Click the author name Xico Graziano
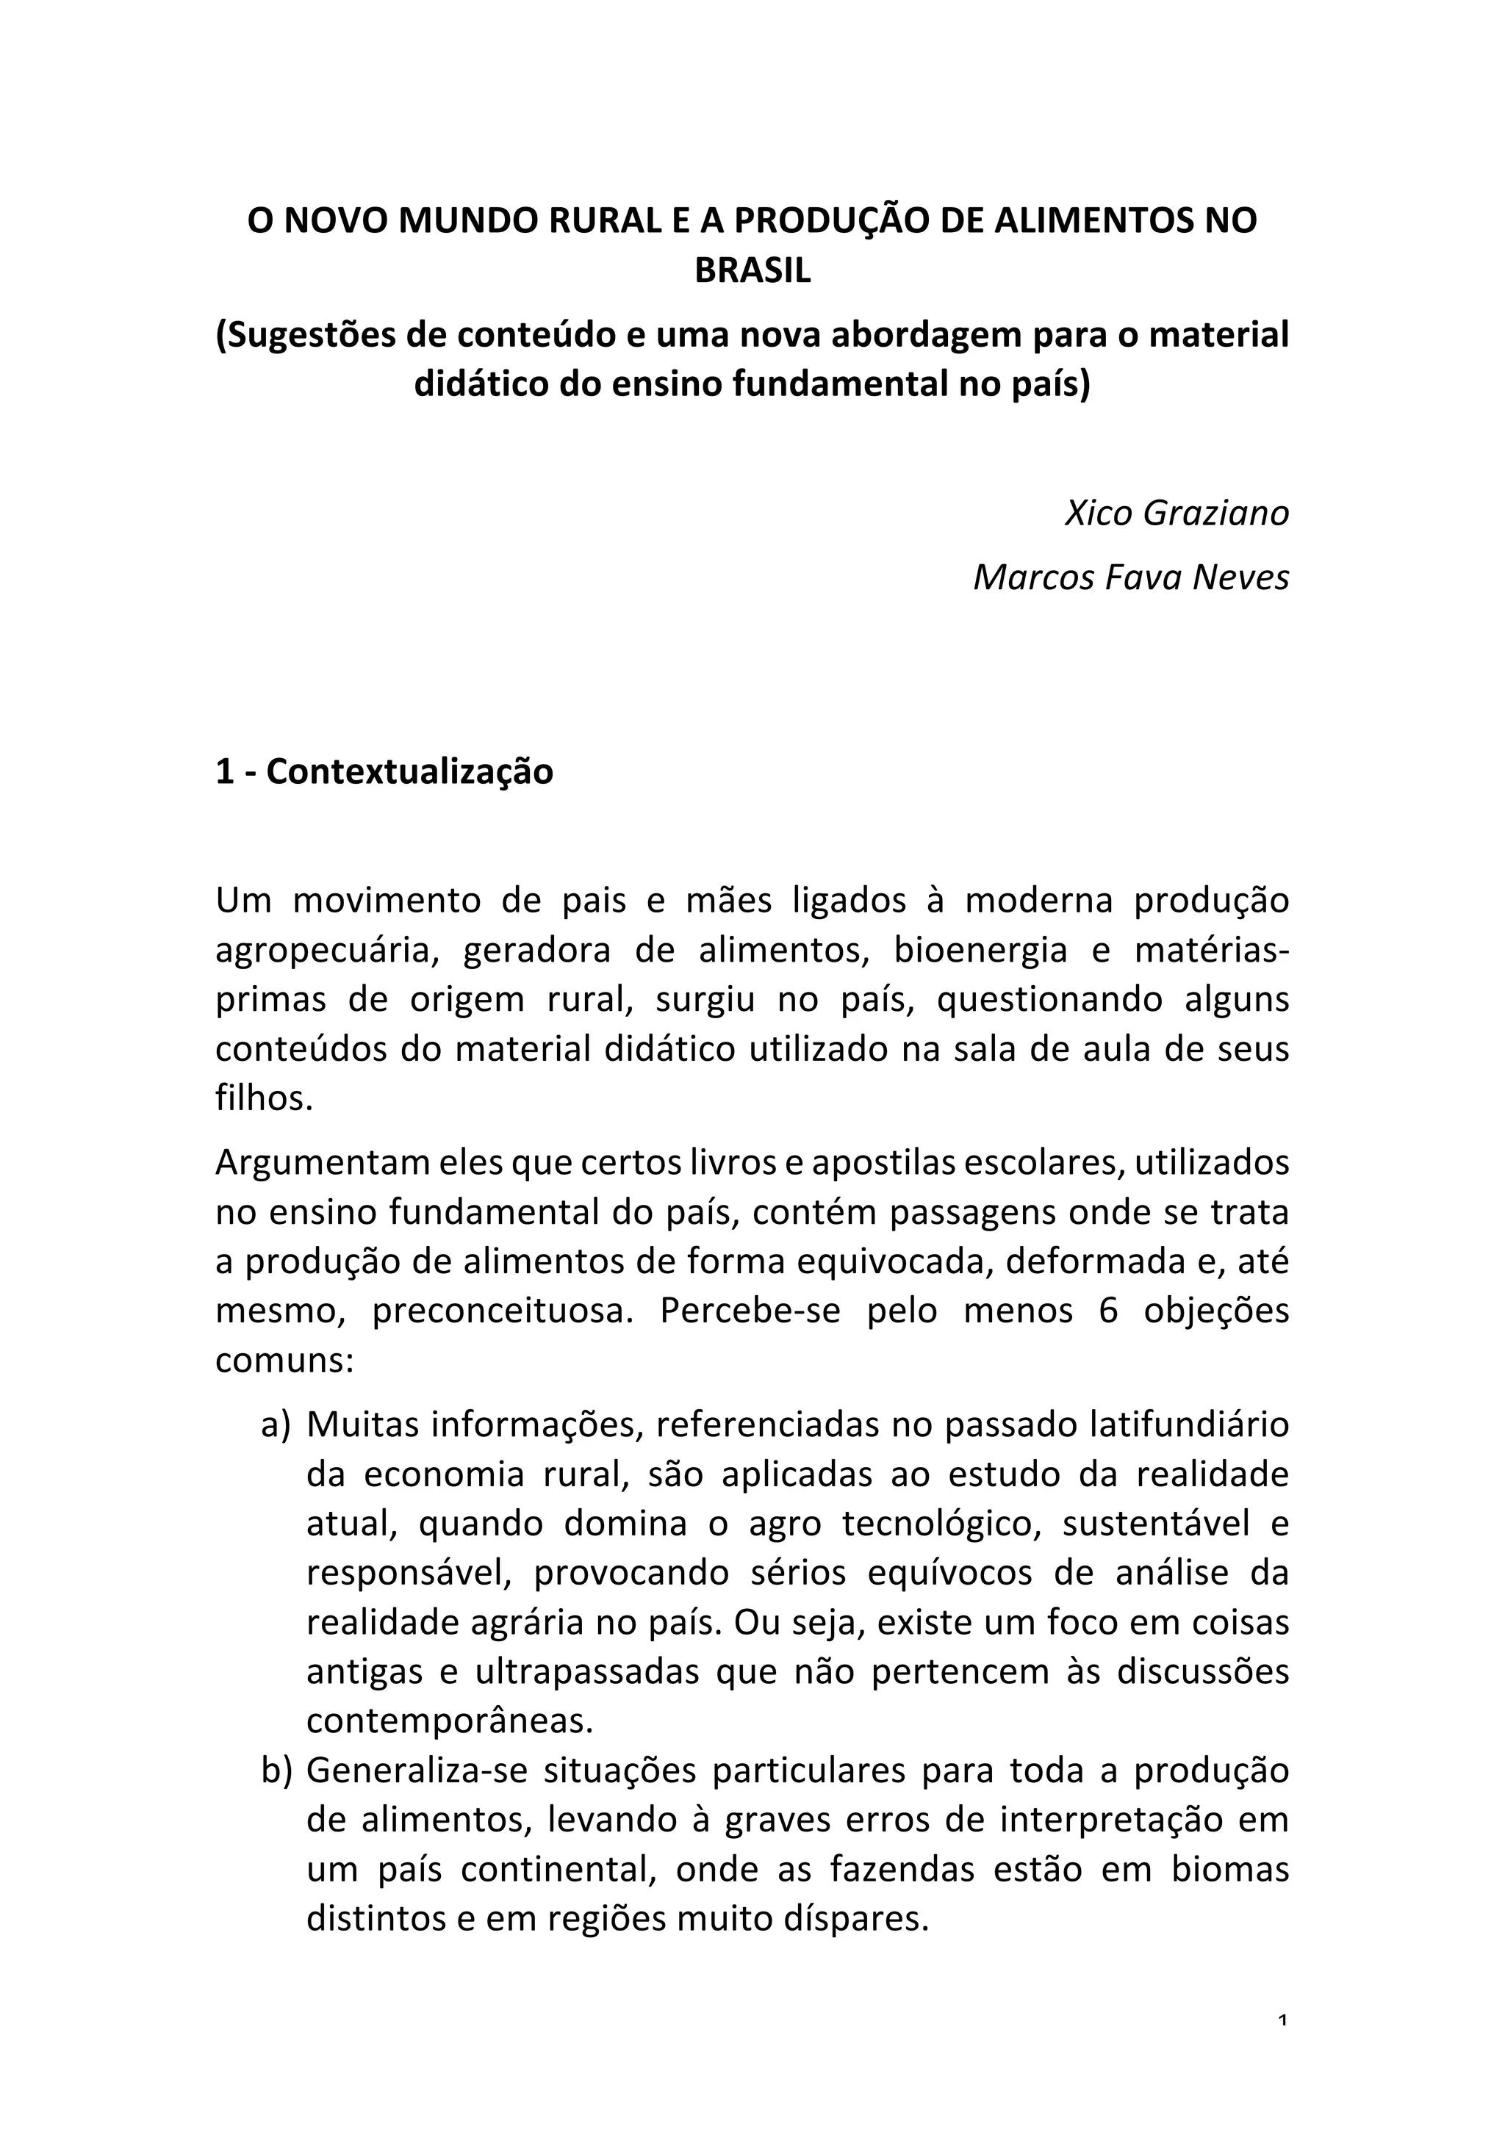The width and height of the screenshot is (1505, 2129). (1177, 513)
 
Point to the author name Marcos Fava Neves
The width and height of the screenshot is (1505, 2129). (1130, 577)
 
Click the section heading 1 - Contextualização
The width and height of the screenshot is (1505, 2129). (384, 771)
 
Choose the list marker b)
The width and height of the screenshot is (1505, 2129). (276, 1770)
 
